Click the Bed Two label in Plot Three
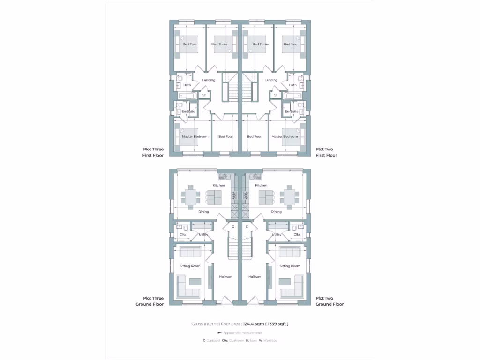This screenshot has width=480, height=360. tap(189, 45)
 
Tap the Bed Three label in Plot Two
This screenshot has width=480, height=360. tap(261, 45)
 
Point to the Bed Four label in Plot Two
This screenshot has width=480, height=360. tap(255, 137)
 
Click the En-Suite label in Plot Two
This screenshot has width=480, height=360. tap(291, 111)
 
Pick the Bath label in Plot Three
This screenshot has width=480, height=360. tap(187, 85)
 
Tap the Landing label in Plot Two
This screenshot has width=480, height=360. tap(271, 80)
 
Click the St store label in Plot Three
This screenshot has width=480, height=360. tap(204, 95)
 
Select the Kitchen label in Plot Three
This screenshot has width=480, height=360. tap(219, 186)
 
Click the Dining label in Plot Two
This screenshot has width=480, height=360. tap(277, 212)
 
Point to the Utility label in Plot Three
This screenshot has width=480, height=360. tap(203, 234)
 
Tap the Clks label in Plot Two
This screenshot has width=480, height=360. tap(297, 234)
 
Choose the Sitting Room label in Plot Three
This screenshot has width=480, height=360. tap(190, 266)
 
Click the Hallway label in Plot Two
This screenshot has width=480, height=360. tap(255, 277)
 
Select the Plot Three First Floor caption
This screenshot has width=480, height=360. tap(153, 152)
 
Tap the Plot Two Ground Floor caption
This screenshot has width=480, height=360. tap(330, 301)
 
